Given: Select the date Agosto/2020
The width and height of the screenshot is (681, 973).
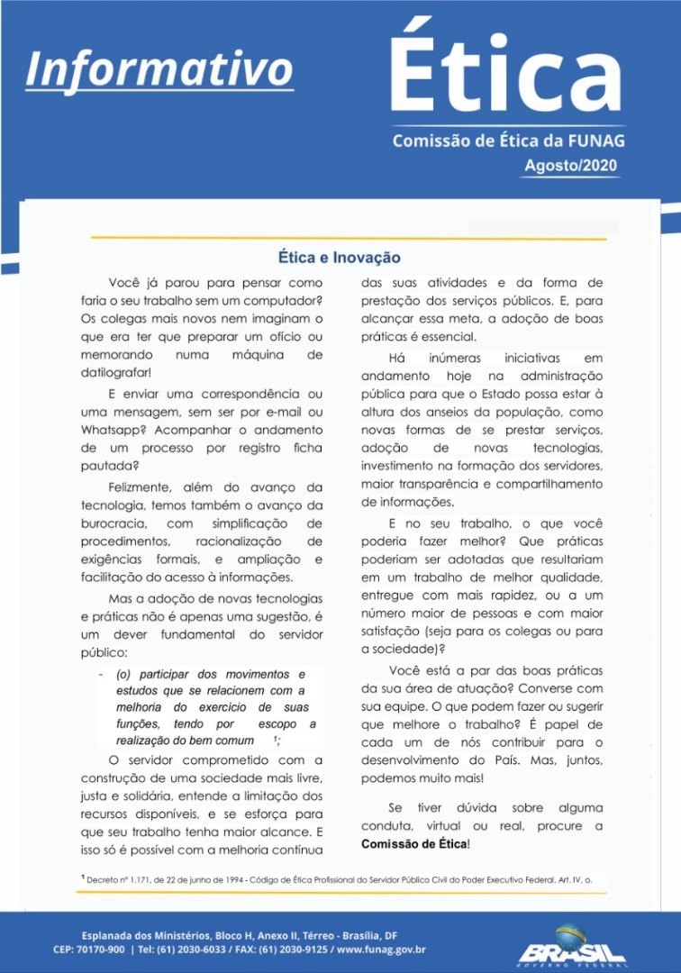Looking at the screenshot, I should tap(572, 166).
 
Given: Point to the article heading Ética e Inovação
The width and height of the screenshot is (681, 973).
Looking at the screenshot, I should tap(339, 258).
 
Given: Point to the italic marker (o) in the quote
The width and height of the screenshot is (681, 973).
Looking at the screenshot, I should tap(124, 674).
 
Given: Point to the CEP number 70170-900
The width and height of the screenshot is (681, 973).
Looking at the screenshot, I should tap(101, 949).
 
